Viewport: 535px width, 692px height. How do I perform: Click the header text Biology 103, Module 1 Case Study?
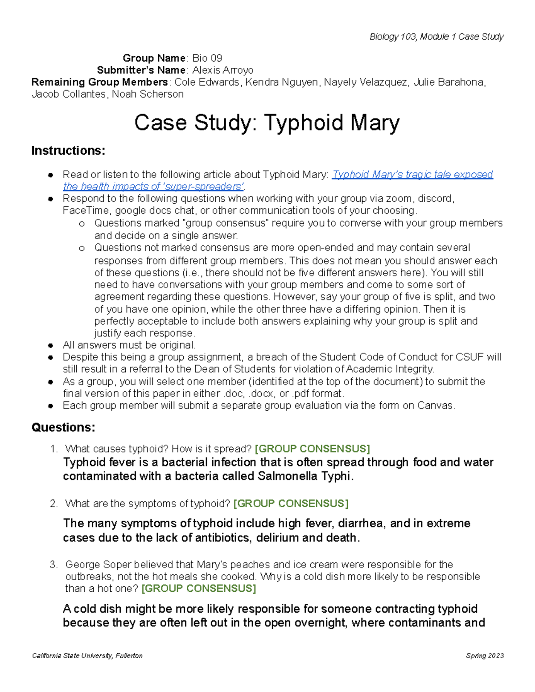436,37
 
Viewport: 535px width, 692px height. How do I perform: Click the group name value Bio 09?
207,58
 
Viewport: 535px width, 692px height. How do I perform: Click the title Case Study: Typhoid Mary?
267,123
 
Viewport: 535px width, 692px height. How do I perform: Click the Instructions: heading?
68,151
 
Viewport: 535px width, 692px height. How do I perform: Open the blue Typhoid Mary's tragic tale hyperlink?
412,175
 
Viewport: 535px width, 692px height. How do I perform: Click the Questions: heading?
63,428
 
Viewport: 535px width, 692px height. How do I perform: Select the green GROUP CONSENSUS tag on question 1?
312,449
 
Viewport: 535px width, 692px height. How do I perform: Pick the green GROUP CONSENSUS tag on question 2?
291,504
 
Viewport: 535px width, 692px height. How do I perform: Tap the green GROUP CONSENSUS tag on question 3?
198,589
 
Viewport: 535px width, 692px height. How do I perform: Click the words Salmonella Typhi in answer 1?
305,476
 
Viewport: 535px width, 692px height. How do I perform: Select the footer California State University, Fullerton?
87,655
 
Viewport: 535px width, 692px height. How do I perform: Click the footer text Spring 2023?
485,655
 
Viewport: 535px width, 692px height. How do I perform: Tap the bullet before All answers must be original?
51,345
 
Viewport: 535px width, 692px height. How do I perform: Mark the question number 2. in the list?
54,504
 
